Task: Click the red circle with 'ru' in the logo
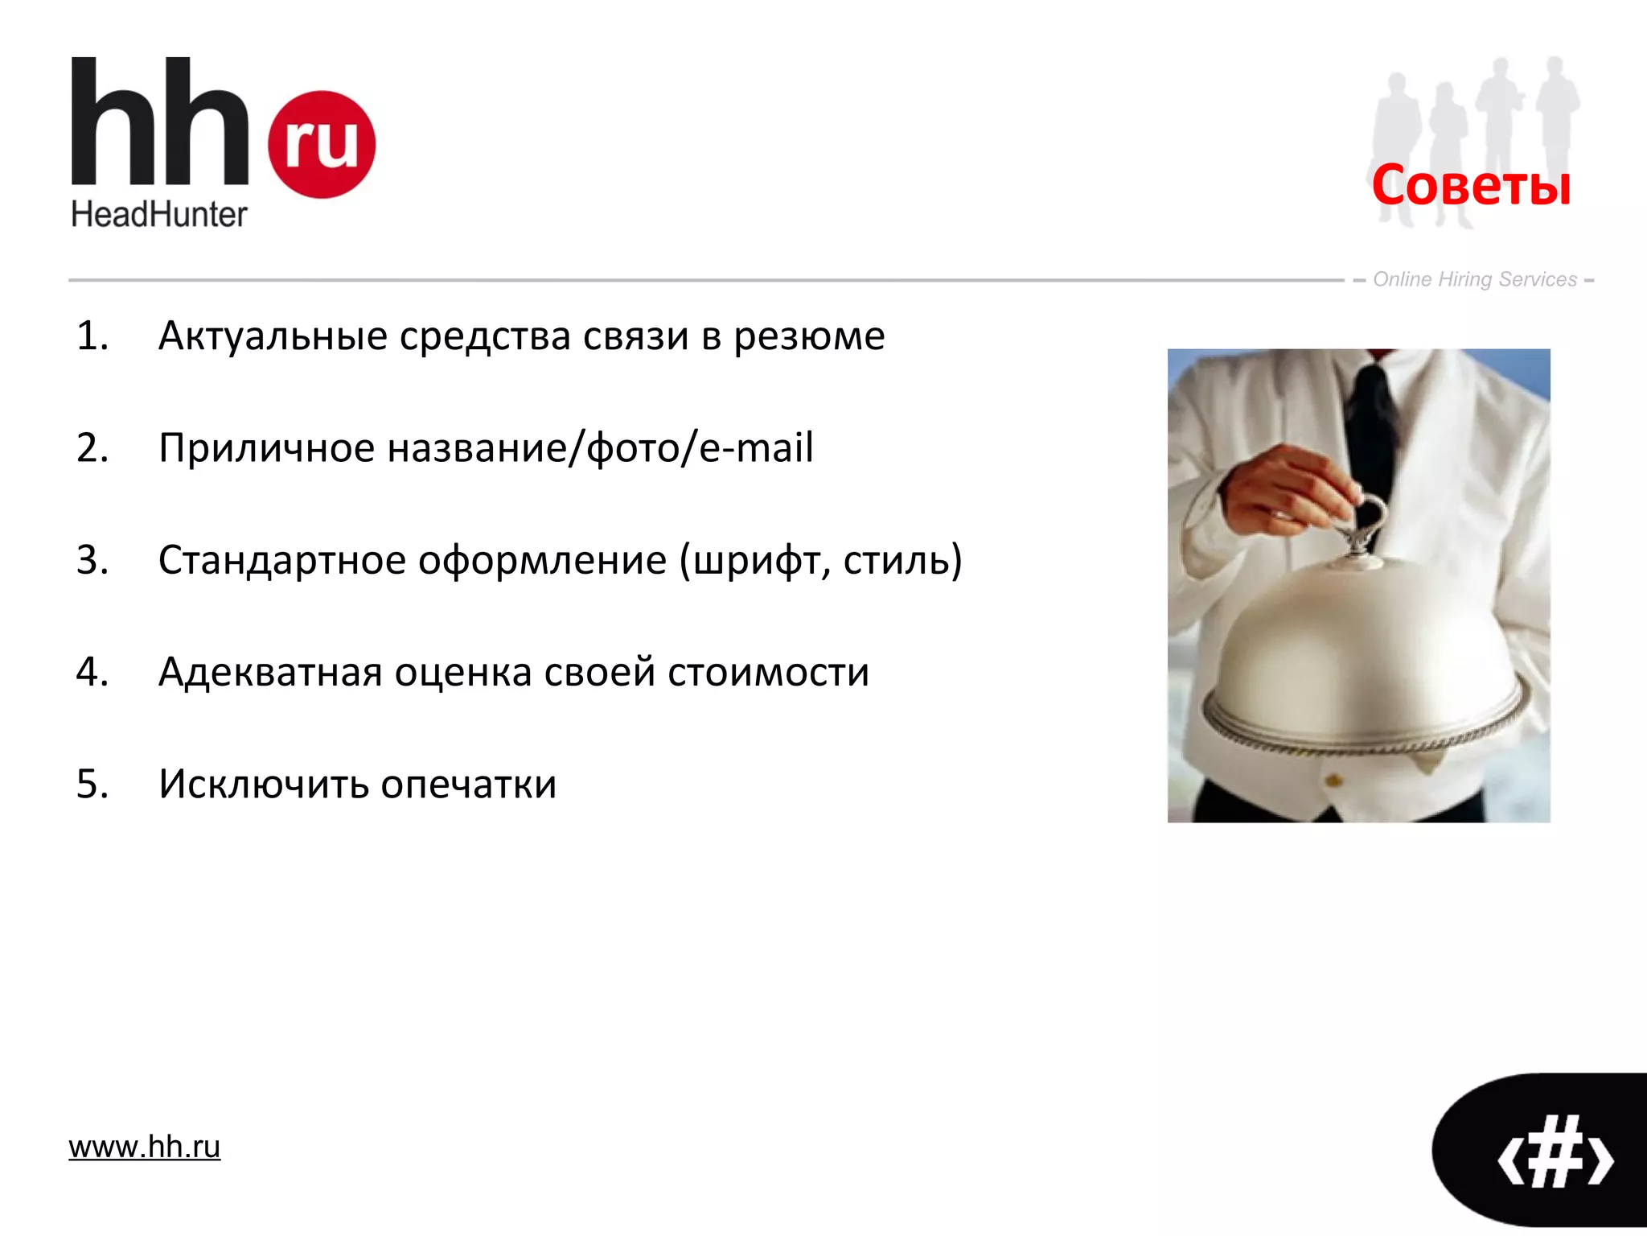pos(321,144)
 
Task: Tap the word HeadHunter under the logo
pos(158,215)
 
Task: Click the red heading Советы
pos(1471,185)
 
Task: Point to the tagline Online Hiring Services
pos(1474,279)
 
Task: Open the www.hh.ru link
pos(144,1147)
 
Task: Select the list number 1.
pos(91,336)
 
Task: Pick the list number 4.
pos(92,672)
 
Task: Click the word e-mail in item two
pos(756,447)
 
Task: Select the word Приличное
pos(266,448)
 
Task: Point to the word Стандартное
pos(281,561)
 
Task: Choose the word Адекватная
pos(269,673)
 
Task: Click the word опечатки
pos(468,785)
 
